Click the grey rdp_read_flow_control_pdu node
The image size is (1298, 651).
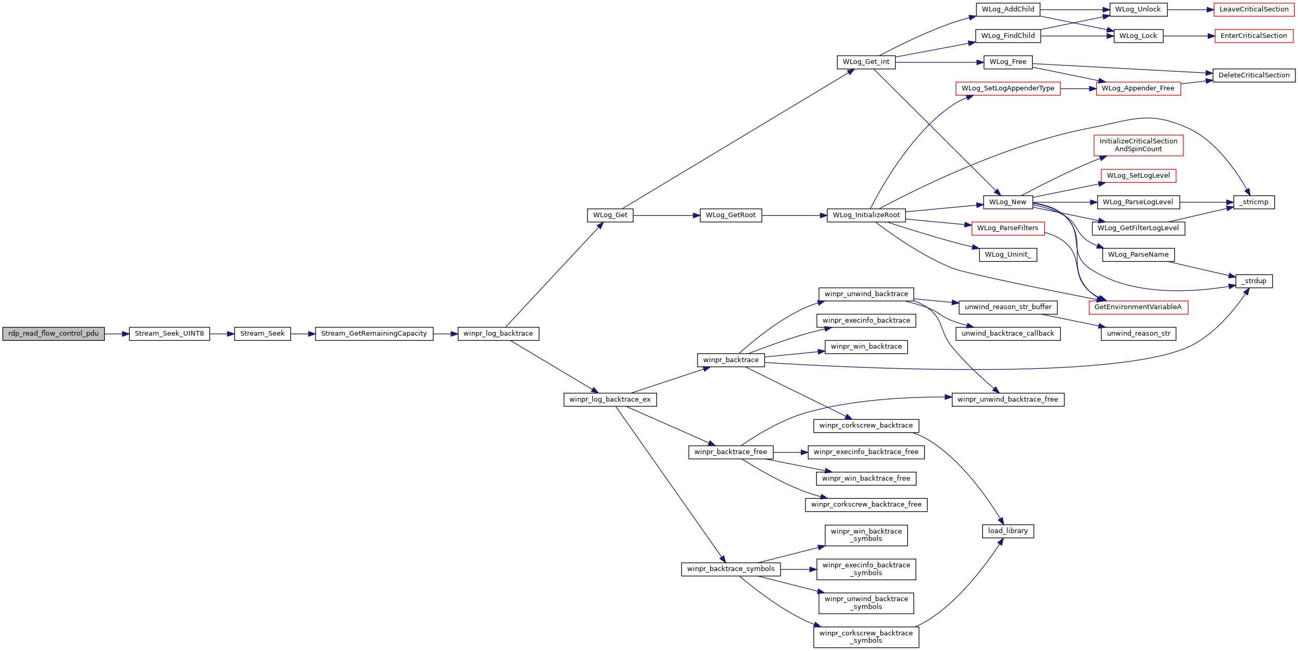tap(53, 334)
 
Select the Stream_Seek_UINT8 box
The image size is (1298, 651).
tap(169, 334)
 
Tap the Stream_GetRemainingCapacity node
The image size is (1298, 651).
tap(374, 334)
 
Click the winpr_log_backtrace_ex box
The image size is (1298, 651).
tap(610, 400)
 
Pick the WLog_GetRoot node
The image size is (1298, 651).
tap(731, 215)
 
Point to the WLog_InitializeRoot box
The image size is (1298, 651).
tap(867, 215)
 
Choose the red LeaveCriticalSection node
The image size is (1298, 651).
tap(1254, 9)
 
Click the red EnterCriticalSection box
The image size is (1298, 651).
tap(1254, 36)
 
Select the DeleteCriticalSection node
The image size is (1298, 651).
tap(1254, 75)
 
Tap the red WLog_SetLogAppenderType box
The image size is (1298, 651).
tap(1008, 88)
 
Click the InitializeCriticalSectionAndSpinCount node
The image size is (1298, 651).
tap(1139, 145)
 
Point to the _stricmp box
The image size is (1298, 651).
tap(1254, 202)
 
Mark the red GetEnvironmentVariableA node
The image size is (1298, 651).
tap(1138, 307)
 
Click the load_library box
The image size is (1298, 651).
tap(1008, 531)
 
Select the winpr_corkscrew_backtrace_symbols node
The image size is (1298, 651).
tap(866, 637)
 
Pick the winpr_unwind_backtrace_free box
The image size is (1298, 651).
tap(1008, 400)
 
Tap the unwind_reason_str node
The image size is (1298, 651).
tap(1139, 334)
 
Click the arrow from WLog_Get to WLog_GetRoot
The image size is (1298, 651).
tap(666, 215)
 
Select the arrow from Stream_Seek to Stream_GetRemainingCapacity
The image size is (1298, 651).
tap(303, 334)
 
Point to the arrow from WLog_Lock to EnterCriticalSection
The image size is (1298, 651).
tap(1189, 36)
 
